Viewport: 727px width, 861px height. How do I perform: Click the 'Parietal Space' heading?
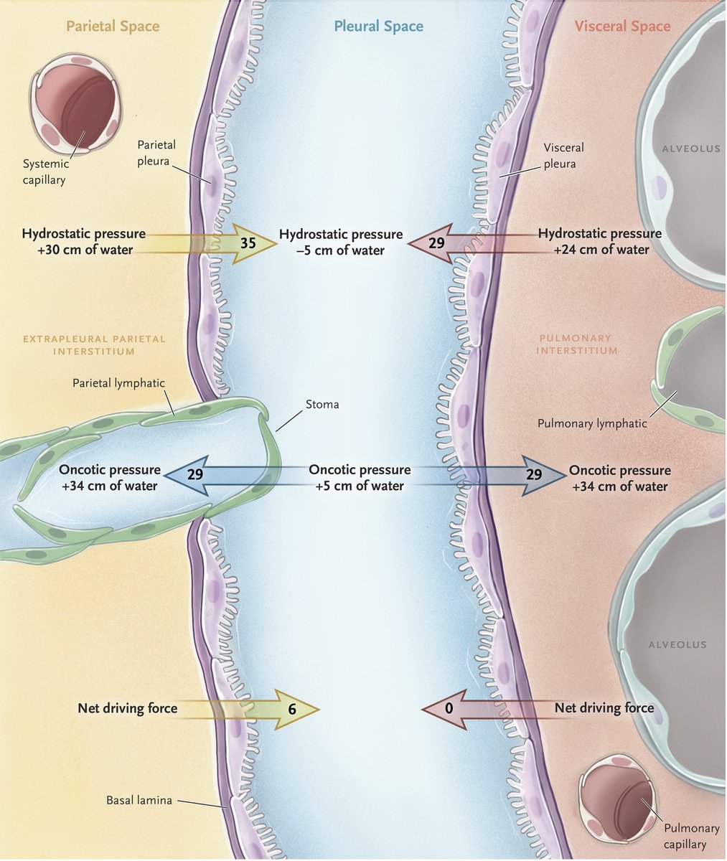113,27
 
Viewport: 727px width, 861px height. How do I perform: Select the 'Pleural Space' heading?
378,27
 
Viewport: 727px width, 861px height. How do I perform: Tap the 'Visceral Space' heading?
622,27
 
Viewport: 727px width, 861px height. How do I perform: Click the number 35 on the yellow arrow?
248,243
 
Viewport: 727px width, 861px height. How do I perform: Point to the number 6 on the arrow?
292,709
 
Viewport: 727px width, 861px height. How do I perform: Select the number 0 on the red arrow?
449,709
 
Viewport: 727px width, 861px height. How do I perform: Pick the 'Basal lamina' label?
139,800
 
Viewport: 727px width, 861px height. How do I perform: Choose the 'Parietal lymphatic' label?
118,383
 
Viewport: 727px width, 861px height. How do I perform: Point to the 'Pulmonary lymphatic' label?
592,423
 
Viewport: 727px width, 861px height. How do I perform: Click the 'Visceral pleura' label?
563,155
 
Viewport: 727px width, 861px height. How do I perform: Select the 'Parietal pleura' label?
156,152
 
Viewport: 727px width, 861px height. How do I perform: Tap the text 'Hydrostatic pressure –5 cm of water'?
341,243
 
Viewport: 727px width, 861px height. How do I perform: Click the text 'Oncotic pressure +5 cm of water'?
360,478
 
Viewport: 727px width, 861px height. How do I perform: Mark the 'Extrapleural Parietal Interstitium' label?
94,344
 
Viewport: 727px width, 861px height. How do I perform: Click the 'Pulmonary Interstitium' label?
576,344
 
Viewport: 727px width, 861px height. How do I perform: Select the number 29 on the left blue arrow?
194,474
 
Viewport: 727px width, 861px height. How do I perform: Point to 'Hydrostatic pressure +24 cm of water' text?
600,242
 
